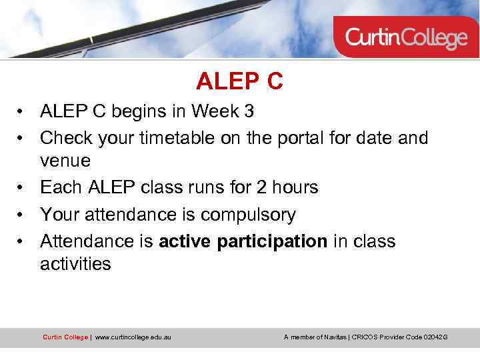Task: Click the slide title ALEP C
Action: (x=239, y=81)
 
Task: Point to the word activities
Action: (x=75, y=265)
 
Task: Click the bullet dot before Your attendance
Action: (x=22, y=215)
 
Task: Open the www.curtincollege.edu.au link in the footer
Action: (x=133, y=337)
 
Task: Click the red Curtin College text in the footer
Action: (x=65, y=337)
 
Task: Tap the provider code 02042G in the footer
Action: (x=435, y=337)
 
